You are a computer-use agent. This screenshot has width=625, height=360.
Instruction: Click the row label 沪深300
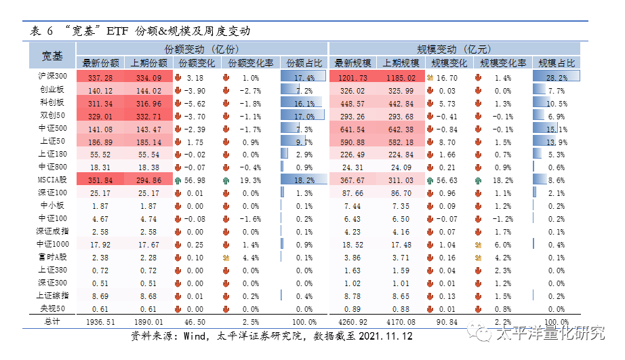coord(52,77)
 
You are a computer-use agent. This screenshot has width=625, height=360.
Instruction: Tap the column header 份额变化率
coord(251,63)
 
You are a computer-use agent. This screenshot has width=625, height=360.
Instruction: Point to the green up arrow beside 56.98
coord(178,180)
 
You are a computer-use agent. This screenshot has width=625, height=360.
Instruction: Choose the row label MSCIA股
coord(52,180)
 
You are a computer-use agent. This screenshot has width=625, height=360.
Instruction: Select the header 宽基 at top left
coord(52,56)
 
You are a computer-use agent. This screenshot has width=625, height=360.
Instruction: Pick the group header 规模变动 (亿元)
coord(453,49)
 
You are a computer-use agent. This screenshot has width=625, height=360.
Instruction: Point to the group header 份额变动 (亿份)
coord(203,49)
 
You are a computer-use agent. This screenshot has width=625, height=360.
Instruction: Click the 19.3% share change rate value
coord(251,180)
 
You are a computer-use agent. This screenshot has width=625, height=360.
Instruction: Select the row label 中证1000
coord(52,245)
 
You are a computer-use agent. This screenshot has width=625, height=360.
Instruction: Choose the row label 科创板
coord(52,103)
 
